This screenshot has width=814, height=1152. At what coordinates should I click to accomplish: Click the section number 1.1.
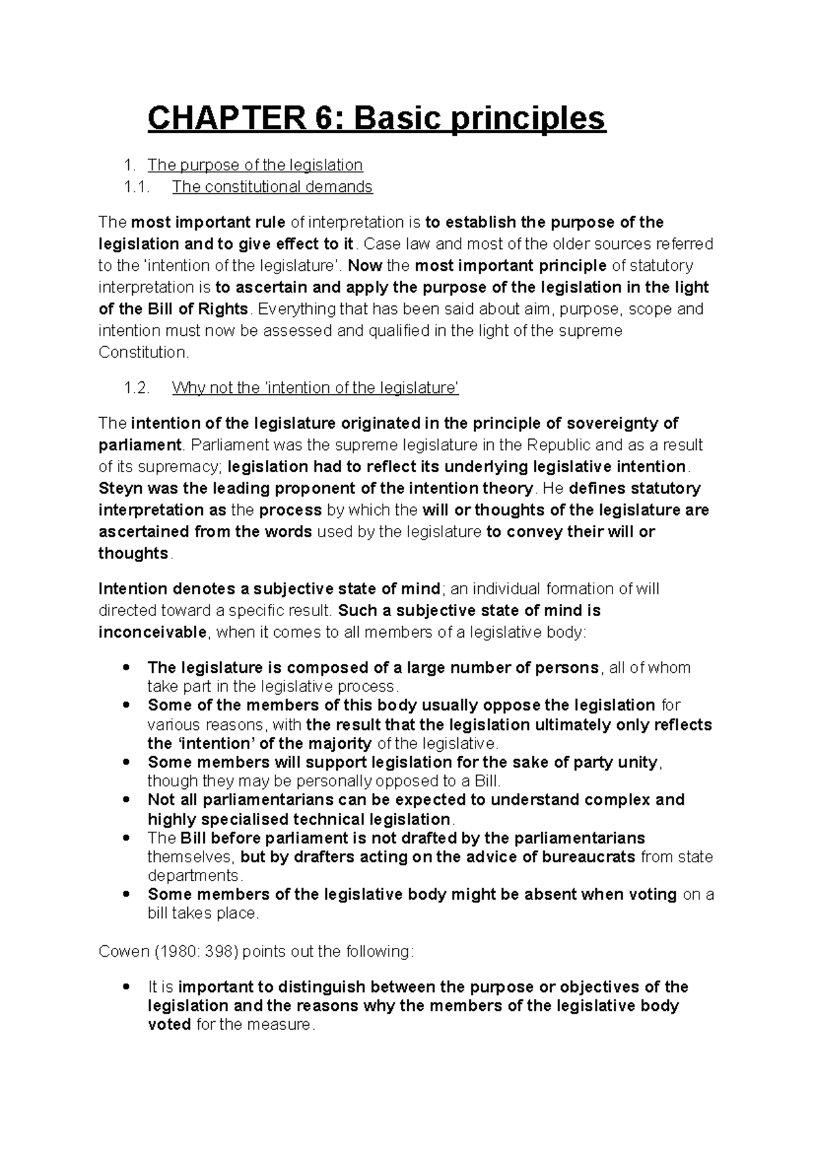[x=136, y=187]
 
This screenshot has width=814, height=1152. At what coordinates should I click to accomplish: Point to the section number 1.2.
[x=136, y=388]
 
